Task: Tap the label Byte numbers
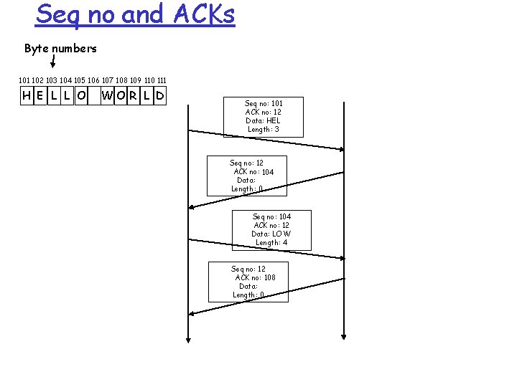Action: [x=60, y=49]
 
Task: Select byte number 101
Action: [x=26, y=80]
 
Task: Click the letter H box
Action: [x=27, y=95]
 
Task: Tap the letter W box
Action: [x=107, y=95]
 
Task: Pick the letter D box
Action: [x=159, y=95]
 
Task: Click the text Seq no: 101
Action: [x=264, y=103]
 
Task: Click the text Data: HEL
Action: [x=264, y=120]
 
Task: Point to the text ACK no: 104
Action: [x=253, y=172]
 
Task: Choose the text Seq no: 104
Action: [x=271, y=216]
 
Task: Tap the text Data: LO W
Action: [x=271, y=234]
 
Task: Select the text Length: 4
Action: [x=271, y=242]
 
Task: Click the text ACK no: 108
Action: [x=255, y=277]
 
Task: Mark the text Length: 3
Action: [x=264, y=129]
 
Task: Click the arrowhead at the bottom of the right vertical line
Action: [x=344, y=335]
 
